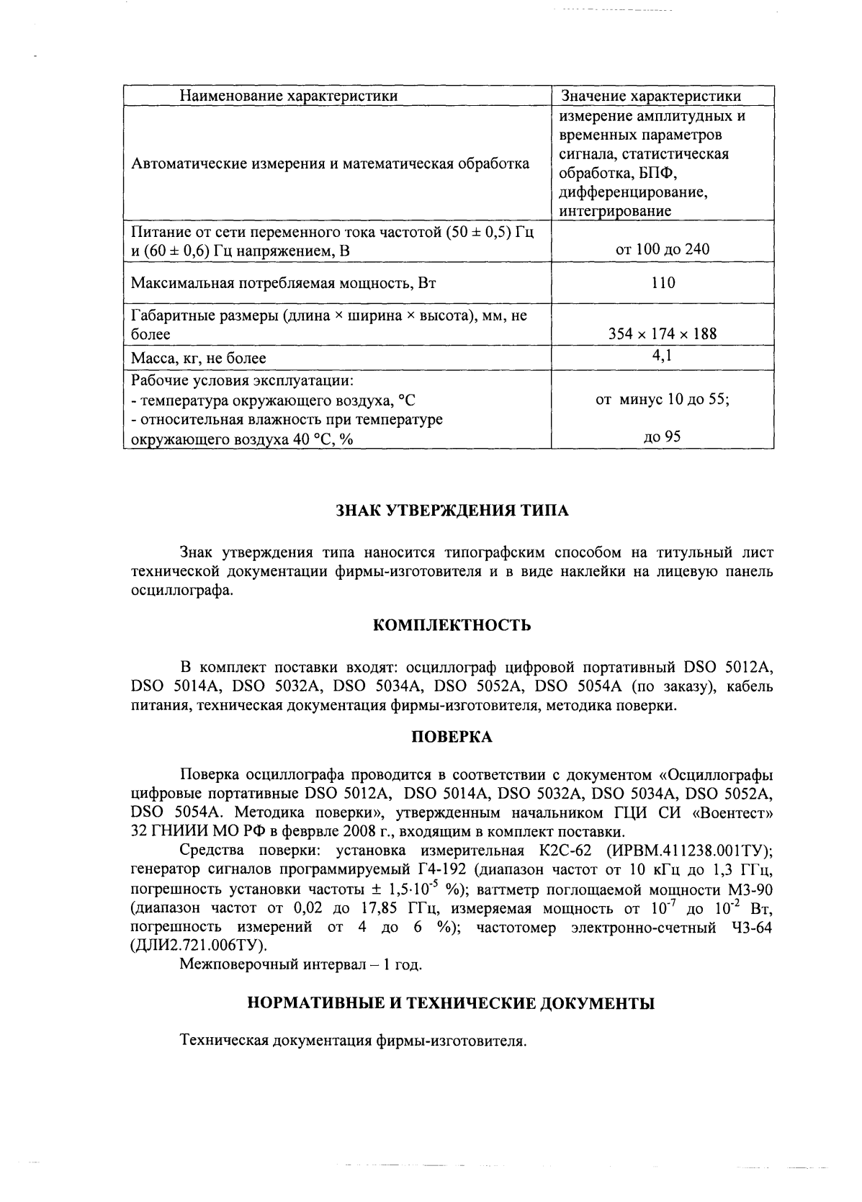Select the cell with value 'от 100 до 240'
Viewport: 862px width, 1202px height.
[663, 250]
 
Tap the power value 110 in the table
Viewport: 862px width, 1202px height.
[663, 283]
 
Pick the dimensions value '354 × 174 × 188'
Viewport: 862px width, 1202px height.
[663, 334]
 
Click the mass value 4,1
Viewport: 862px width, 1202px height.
[663, 355]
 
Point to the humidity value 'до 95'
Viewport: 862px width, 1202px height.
[663, 436]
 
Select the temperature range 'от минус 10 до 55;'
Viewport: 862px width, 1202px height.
[663, 400]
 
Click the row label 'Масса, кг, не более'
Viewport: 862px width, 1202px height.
[199, 358]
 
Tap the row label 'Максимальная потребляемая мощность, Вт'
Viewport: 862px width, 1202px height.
[284, 283]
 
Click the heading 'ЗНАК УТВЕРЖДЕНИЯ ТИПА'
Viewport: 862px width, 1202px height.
[452, 511]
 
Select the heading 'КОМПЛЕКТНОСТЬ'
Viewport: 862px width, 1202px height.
[452, 625]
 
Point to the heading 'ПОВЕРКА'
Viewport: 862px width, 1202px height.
[452, 737]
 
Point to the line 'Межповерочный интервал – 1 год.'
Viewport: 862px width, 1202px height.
[301, 965]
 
